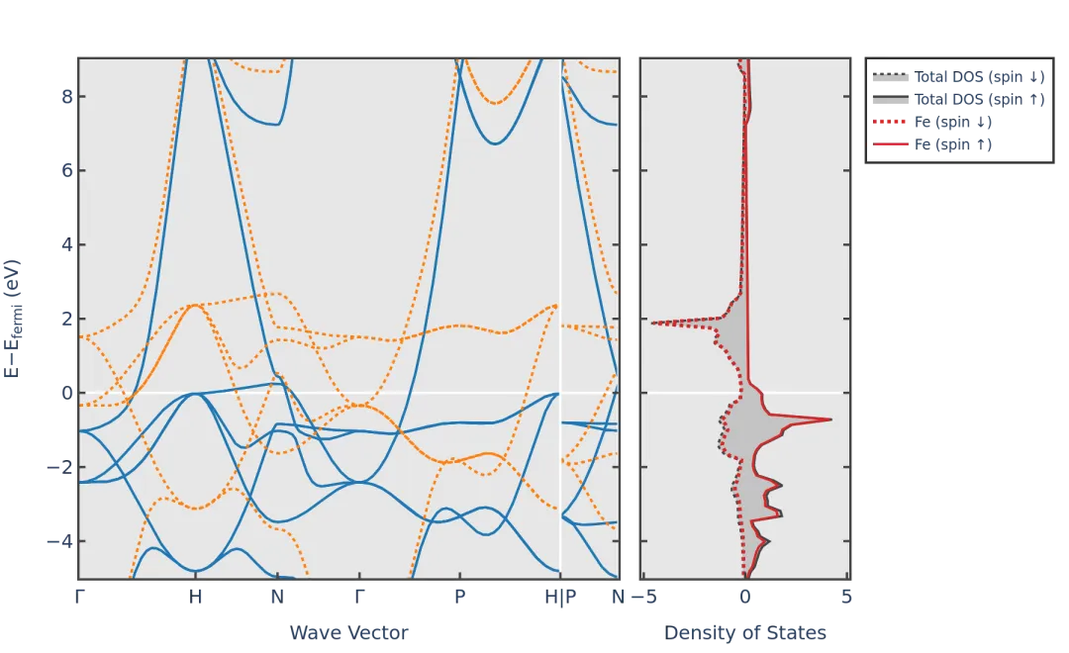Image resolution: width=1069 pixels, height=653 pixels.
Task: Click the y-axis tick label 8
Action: point(67,96)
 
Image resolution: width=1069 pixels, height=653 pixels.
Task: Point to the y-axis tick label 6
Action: point(67,170)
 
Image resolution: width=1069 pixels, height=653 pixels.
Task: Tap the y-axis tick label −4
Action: point(60,541)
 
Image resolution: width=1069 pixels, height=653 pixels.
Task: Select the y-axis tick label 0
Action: point(67,393)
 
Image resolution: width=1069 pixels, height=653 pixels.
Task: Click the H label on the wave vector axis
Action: point(196,597)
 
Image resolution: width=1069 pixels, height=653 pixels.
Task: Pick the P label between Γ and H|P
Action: point(459,597)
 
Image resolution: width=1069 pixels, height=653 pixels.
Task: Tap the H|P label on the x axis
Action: point(561,597)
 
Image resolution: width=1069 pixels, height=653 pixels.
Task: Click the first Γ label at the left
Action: point(79,597)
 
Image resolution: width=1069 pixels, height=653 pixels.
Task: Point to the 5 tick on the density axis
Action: point(847,597)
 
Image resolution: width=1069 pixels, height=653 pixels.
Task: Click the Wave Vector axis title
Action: point(348,633)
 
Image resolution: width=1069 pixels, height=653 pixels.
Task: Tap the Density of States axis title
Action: point(744,633)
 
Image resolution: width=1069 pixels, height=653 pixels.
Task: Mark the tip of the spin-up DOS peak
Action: point(830,420)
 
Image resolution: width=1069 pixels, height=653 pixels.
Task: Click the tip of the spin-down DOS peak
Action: point(652,323)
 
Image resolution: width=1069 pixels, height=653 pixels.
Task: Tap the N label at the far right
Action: point(619,597)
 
